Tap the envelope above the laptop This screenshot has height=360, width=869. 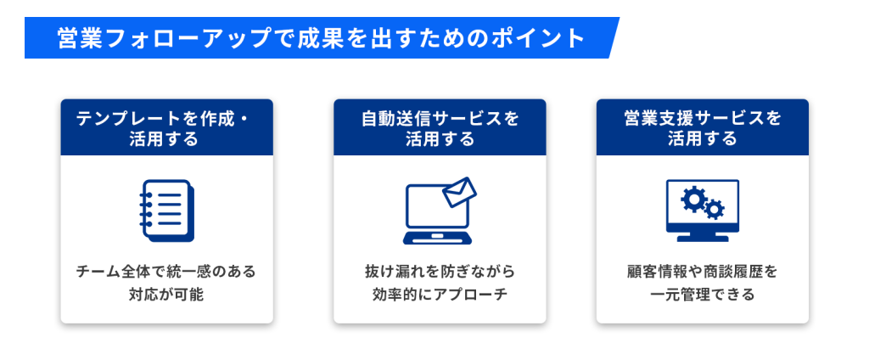pyautogui.click(x=460, y=192)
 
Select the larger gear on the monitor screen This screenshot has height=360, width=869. pyautogui.click(x=695, y=199)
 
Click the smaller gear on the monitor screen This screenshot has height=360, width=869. pyautogui.click(x=715, y=209)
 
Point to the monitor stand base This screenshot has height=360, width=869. pyautogui.click(x=702, y=239)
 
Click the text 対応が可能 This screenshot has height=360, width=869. pyautogui.click(x=166, y=295)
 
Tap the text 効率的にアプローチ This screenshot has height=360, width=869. pyautogui.click(x=439, y=295)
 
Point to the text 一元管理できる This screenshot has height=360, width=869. pyautogui.click(x=702, y=295)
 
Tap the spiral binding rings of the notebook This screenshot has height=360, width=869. pyautogui.click(x=145, y=209)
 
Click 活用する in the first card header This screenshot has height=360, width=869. pyautogui.click(x=166, y=138)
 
